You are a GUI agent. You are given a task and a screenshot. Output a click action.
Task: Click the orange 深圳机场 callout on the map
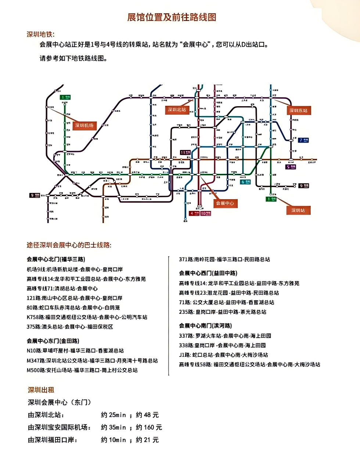pos(84,125)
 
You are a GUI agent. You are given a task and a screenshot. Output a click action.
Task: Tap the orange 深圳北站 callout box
pos(177,110)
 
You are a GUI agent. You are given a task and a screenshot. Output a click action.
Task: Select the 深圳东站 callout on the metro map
pos(299,110)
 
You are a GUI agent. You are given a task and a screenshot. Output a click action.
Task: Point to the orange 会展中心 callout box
pos(225,203)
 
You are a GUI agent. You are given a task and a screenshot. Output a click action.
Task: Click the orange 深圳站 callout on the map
pos(298,210)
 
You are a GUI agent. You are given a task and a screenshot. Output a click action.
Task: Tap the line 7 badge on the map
pos(304,140)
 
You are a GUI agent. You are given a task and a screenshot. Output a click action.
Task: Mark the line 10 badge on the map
pos(206,213)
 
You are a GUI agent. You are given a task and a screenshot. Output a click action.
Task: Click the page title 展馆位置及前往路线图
pos(172,17)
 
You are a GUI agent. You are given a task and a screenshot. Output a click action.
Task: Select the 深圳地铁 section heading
pos(40,35)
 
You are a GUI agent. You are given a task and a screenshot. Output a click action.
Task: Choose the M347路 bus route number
pos(35,360)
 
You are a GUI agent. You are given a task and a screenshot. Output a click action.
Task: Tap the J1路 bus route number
pos(185,355)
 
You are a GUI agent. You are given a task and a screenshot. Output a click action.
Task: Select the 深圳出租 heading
pos(41,390)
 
